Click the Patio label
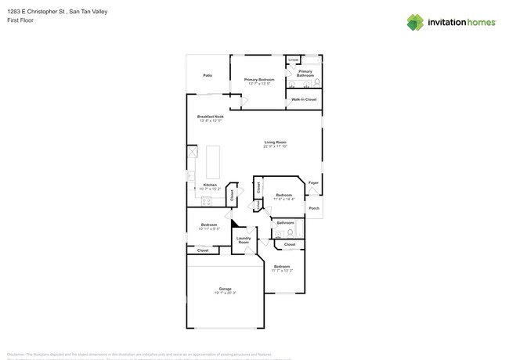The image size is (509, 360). point(208,76)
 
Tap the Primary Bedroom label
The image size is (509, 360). point(258,80)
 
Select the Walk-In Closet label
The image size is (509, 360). point(304,99)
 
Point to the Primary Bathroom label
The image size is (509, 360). point(305,73)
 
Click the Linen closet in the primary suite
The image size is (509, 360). point(294,59)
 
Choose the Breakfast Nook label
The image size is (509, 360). point(211,117)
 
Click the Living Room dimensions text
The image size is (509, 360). point(275,146)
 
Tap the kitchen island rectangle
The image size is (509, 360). point(213,161)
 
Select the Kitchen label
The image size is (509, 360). point(210,185)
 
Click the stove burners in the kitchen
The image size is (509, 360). point(206,201)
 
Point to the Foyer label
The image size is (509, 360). point(313,183)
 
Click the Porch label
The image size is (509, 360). point(313,208)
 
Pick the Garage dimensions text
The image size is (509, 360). point(225,293)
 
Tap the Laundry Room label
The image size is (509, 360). point(244,239)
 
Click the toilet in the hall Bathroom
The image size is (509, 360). point(291,232)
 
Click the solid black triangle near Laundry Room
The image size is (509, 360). point(234,225)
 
